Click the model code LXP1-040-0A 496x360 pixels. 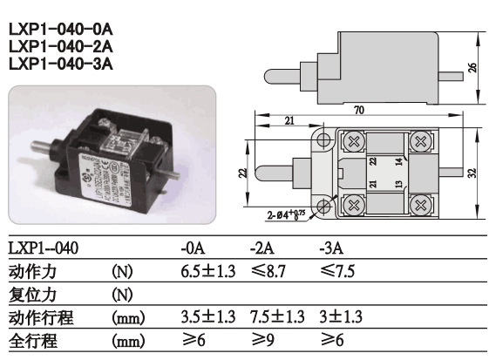60,28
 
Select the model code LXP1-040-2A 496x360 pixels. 60,45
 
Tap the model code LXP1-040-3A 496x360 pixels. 60,63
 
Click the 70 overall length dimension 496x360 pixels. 358,111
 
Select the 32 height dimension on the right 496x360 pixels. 472,173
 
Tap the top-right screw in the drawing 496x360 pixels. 422,139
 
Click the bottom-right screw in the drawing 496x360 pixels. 422,206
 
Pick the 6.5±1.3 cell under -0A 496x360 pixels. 207,272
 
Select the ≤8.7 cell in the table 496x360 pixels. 270,272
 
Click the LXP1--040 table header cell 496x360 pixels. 43,248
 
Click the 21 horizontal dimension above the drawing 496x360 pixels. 289,122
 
